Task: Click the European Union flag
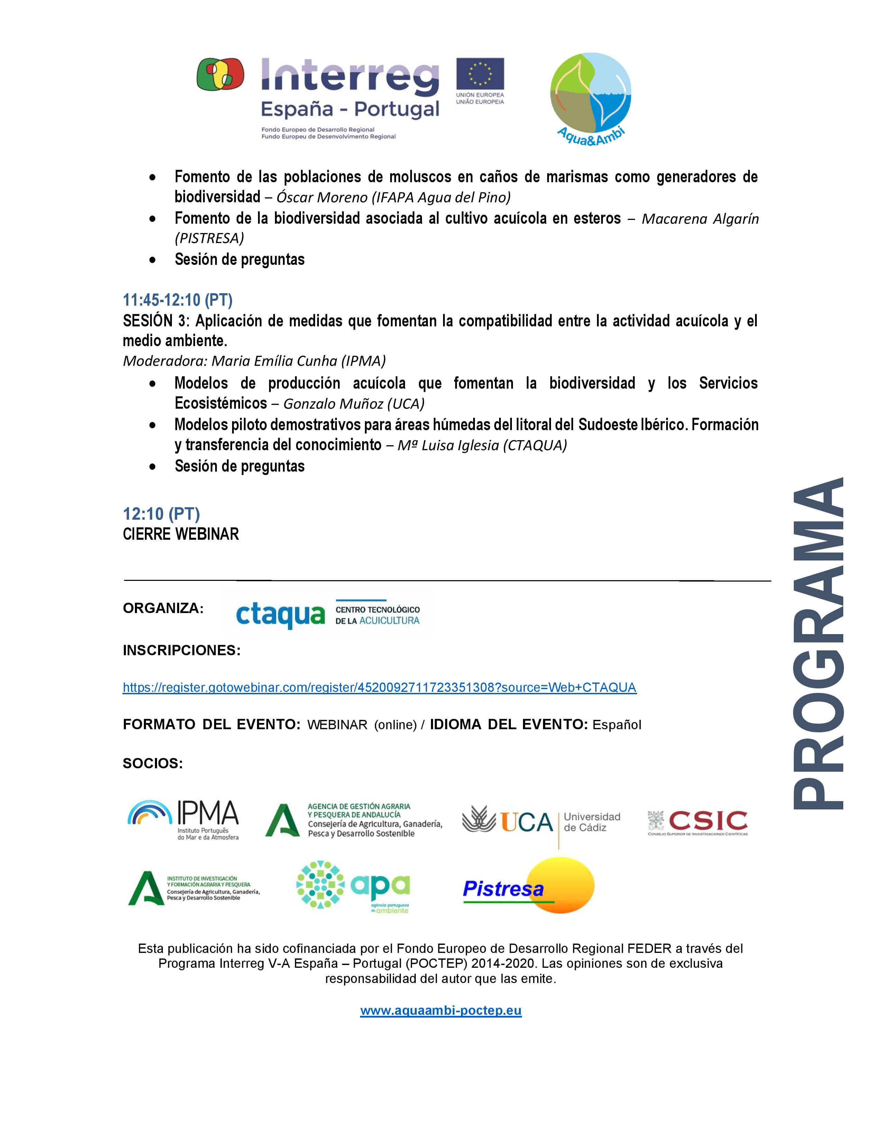[x=480, y=74]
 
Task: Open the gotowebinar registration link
[x=379, y=687]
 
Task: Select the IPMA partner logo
[x=183, y=820]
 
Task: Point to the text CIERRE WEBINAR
[x=181, y=534]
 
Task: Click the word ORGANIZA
[x=163, y=609]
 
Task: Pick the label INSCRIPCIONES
[x=181, y=650]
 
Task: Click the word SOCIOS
[x=153, y=764]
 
